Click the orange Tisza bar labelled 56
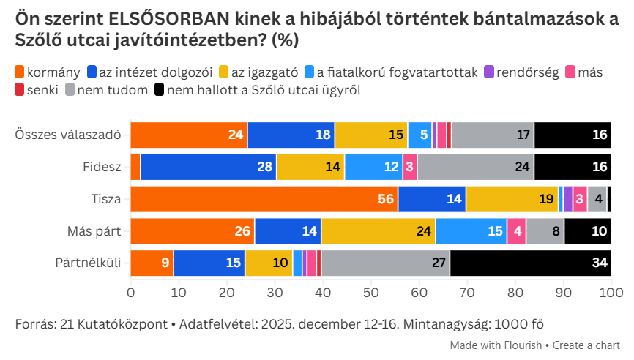click(x=264, y=199)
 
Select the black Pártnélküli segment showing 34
click(x=530, y=263)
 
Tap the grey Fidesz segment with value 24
click(x=476, y=167)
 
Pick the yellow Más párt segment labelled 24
click(x=378, y=231)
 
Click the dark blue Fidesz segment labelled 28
click(x=209, y=167)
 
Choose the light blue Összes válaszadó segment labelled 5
click(x=419, y=135)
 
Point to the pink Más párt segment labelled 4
click(x=516, y=231)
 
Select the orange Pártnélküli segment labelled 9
click(x=152, y=263)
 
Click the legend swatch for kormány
click(x=20, y=72)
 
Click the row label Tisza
click(x=106, y=199)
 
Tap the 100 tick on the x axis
click(x=611, y=293)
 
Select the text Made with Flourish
click(x=495, y=345)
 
